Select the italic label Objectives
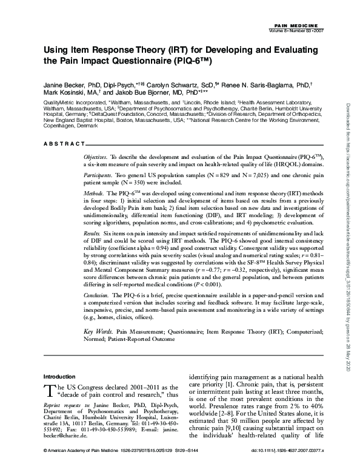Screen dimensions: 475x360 click(x=98, y=156)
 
